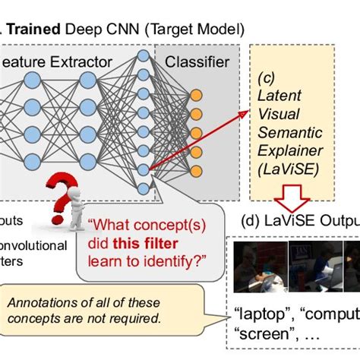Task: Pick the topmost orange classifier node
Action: tap(196, 96)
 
